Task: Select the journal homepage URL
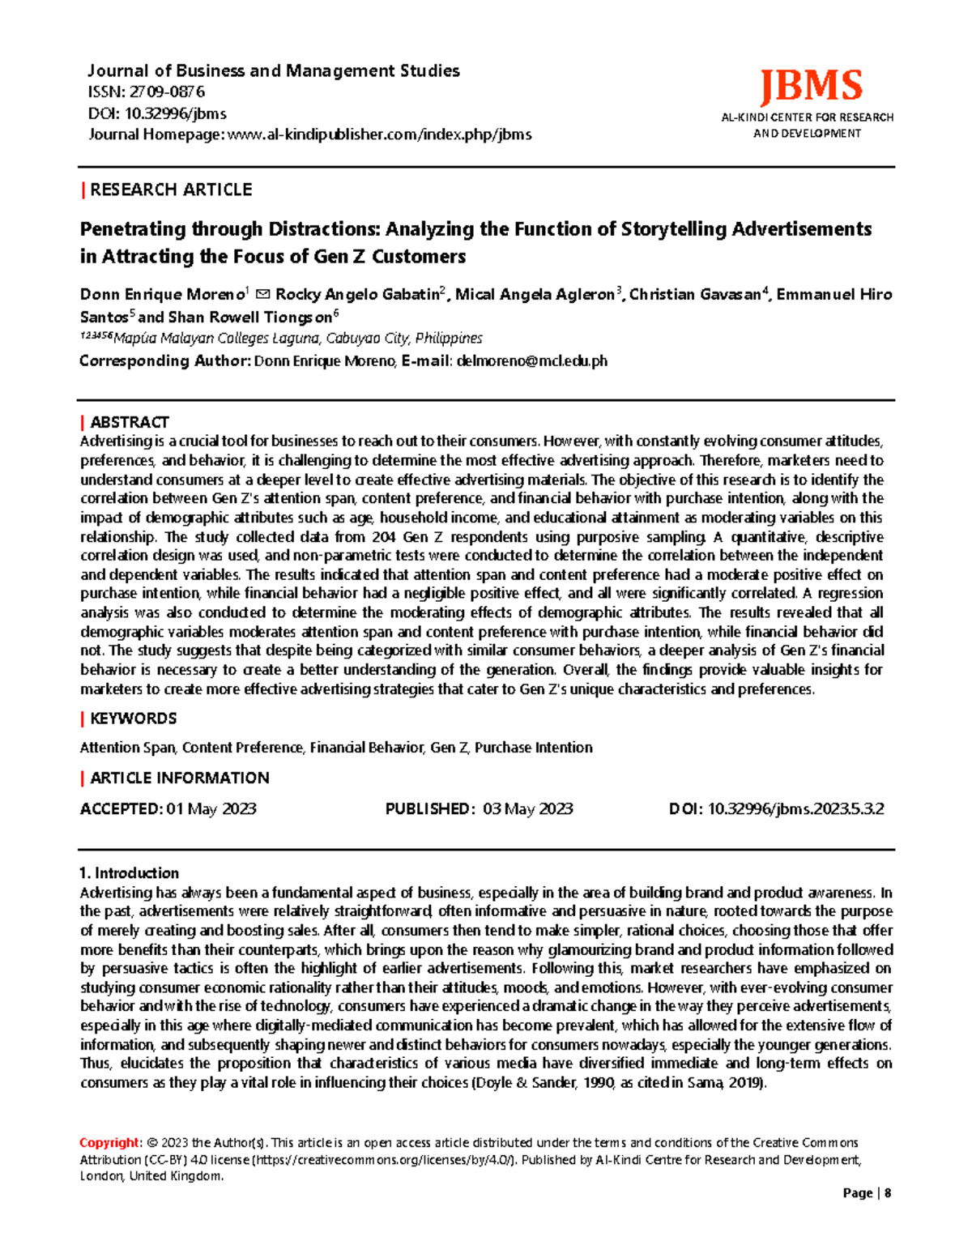380,134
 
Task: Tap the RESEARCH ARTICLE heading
171,190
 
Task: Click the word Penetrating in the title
133,229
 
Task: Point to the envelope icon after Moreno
262,295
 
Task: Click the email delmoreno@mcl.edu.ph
531,361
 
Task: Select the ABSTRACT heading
129,422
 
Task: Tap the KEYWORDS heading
133,719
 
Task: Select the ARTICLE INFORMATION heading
179,778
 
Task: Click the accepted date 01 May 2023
211,808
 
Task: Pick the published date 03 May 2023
527,808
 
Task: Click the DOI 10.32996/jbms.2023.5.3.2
795,808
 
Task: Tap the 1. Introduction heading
129,873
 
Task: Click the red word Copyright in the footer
109,1143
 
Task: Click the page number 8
888,1193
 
